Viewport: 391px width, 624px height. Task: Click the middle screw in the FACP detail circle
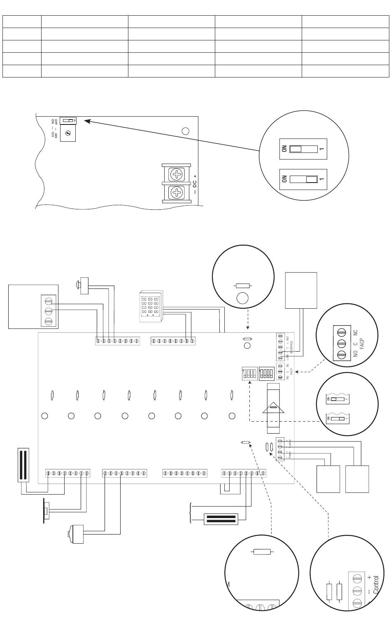[341, 343]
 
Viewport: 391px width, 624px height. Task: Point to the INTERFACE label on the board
[291, 348]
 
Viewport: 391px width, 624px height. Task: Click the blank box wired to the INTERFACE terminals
[301, 290]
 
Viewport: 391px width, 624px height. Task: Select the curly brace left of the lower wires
[190, 513]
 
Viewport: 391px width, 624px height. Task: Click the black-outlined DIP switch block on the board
[266, 374]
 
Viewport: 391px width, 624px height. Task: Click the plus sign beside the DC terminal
[194, 176]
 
